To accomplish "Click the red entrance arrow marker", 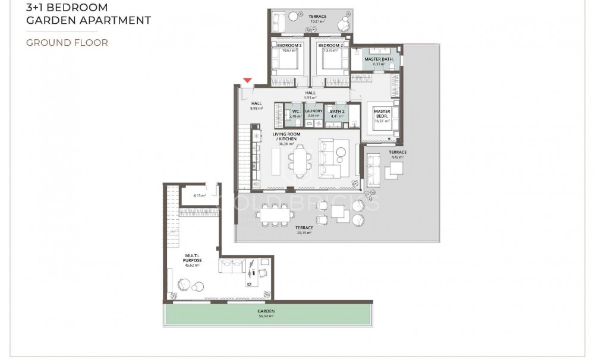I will (x=248, y=80).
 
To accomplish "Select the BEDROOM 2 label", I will (x=330, y=46).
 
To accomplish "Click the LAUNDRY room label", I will (x=313, y=111).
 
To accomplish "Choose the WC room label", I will (x=295, y=111).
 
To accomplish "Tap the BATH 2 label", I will (x=337, y=111).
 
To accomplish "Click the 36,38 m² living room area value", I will (x=287, y=143).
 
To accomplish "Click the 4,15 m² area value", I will (x=199, y=195).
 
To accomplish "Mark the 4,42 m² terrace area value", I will (x=398, y=157).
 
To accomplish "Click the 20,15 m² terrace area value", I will (x=304, y=232).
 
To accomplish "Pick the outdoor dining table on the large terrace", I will (x=273, y=213).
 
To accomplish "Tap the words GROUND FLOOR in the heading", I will (x=67, y=43).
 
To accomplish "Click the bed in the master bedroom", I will (x=380, y=125).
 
